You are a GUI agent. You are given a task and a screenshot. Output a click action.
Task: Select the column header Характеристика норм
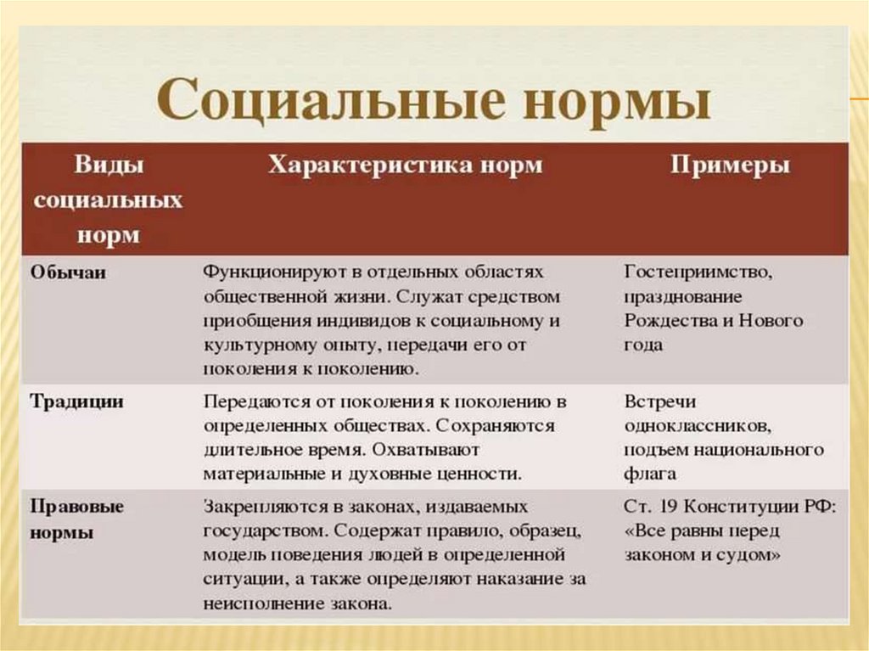(x=405, y=164)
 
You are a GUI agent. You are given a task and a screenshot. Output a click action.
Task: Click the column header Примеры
(x=729, y=166)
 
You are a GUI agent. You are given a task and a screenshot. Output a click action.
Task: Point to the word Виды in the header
(x=109, y=165)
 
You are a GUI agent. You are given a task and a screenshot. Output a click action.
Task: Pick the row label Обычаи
(x=68, y=272)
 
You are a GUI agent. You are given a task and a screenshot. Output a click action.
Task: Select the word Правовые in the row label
(x=76, y=506)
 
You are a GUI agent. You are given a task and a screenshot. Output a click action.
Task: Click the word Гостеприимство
(x=698, y=272)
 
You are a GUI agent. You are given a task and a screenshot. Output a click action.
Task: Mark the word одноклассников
(x=698, y=426)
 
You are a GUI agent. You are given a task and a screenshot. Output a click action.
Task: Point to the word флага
(x=649, y=474)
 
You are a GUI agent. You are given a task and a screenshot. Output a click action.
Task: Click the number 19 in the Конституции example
(x=667, y=506)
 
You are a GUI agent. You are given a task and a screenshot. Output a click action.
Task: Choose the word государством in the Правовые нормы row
(x=266, y=531)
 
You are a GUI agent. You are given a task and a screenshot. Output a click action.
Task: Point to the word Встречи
(x=660, y=401)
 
